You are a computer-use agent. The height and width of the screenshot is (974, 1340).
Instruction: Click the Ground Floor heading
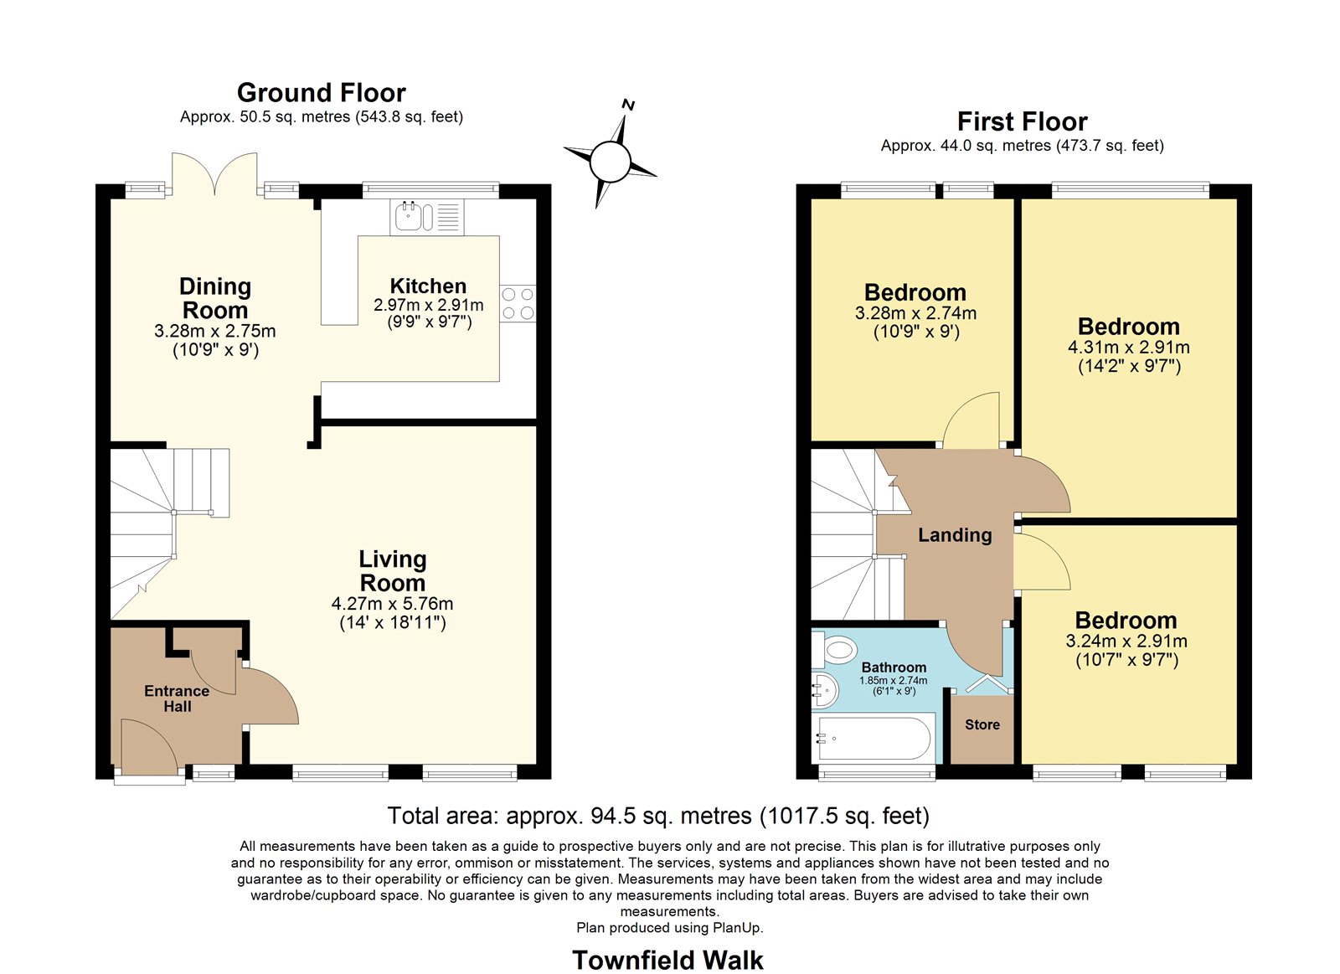322,93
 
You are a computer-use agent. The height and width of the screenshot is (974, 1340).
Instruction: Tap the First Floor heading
1022,121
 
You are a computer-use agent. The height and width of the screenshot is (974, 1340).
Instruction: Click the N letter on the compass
628,106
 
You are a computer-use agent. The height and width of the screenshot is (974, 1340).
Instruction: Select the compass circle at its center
611,161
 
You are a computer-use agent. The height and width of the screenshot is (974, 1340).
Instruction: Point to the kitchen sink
414,216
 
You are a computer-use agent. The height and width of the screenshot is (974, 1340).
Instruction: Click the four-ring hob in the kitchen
518,303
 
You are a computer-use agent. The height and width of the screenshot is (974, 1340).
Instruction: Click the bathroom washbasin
825,690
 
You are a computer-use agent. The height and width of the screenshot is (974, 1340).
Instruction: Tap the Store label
982,724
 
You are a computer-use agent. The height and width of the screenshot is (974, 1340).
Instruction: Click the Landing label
955,534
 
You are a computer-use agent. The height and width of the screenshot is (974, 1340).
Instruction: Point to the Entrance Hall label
177,698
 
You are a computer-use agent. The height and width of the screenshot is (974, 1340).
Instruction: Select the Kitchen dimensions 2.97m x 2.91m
428,305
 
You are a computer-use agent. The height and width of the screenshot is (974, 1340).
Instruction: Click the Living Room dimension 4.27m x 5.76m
393,603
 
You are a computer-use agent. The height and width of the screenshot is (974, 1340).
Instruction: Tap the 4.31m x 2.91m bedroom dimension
1129,347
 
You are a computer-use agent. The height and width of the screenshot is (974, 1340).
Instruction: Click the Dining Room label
215,298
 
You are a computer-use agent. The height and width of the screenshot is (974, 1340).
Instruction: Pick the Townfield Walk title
667,960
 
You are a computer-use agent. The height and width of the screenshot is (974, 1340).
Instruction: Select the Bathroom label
894,667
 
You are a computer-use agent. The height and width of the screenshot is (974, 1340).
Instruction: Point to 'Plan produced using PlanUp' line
669,927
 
